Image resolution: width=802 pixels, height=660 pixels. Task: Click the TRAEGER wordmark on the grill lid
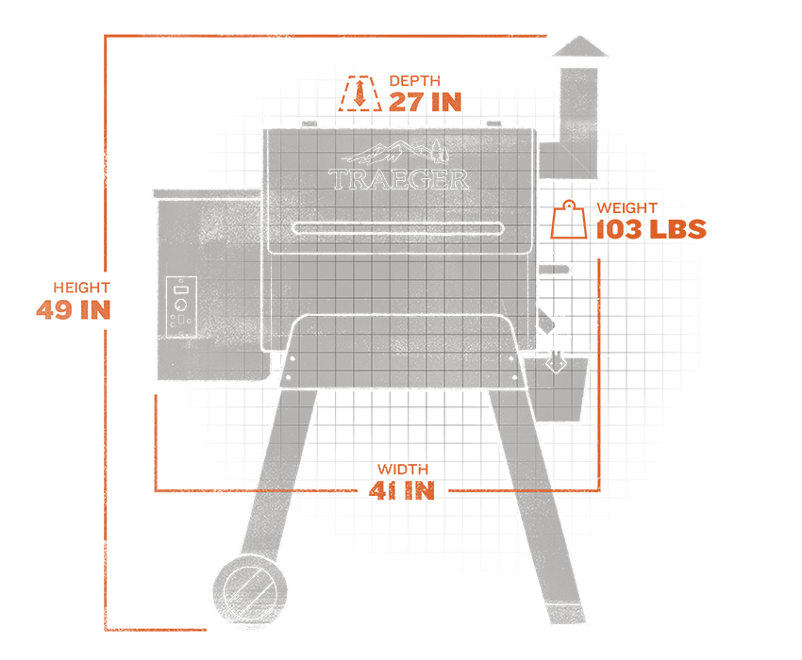click(398, 179)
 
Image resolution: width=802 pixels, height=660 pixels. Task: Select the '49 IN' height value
click(74, 309)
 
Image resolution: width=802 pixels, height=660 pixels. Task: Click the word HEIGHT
click(82, 288)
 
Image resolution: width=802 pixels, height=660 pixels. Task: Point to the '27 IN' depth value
click(426, 103)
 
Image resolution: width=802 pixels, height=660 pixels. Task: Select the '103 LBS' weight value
click(651, 230)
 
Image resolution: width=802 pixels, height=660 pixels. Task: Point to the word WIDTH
click(403, 470)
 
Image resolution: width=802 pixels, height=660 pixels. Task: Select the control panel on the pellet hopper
click(181, 307)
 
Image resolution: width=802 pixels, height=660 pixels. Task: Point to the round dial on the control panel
click(180, 306)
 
